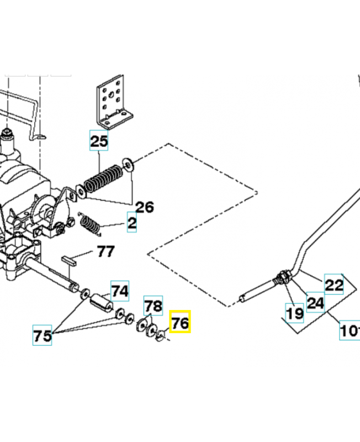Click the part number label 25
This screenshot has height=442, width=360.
(99, 141)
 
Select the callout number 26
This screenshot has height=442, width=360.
(144, 207)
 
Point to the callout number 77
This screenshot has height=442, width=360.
(105, 252)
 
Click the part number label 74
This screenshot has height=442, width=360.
(120, 291)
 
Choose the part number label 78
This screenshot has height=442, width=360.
(154, 305)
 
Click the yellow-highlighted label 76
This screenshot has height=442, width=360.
(180, 322)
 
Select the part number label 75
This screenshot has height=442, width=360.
(43, 336)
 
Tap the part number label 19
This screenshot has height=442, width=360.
(294, 313)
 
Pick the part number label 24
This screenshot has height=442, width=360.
(315, 302)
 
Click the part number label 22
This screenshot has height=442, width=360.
(333, 285)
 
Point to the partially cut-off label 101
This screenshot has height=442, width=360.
(350, 332)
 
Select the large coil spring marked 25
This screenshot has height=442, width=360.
(103, 178)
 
